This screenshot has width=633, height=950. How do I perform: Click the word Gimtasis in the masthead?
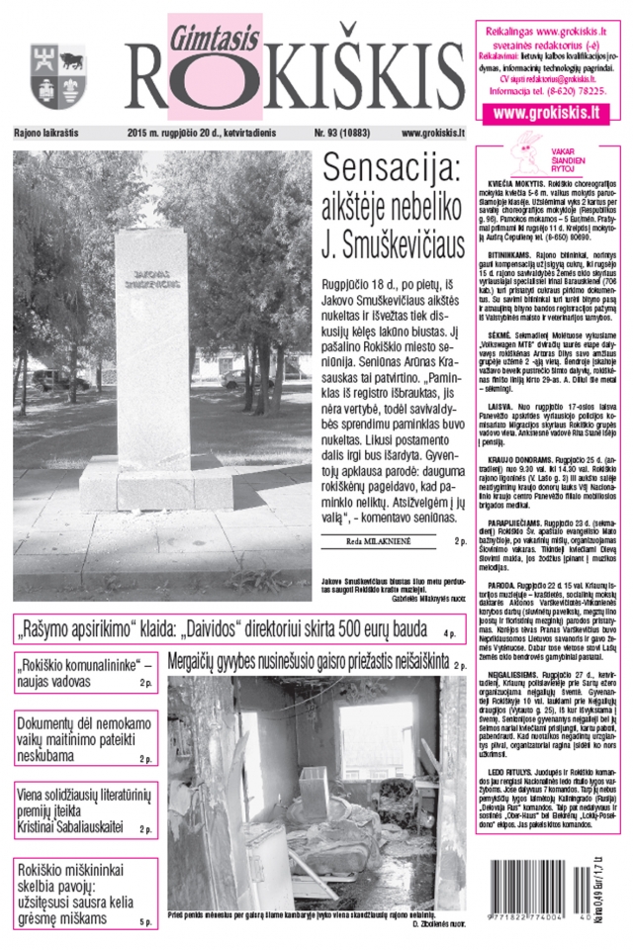pyautogui.click(x=213, y=32)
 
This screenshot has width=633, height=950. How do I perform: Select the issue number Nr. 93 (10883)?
pyautogui.click(x=345, y=133)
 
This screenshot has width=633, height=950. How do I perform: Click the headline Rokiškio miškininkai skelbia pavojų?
pyautogui.click(x=79, y=890)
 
